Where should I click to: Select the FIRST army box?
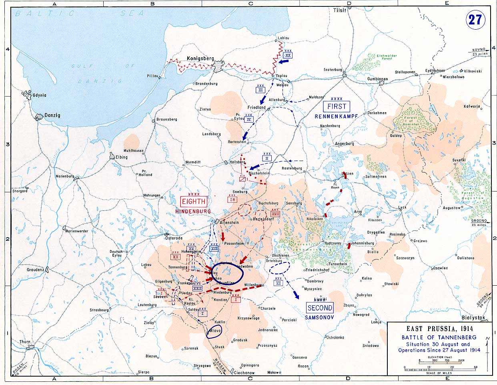click(337, 107)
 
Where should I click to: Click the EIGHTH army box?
click(194, 202)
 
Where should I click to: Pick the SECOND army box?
click(320, 308)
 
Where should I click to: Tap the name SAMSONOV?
click(319, 317)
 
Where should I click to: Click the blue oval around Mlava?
click(214, 332)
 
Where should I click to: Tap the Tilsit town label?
click(339, 10)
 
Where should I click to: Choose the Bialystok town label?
click(473, 318)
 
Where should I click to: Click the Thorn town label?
click(26, 342)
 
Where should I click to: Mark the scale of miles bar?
click(439, 367)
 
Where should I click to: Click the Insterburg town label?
click(333, 70)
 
